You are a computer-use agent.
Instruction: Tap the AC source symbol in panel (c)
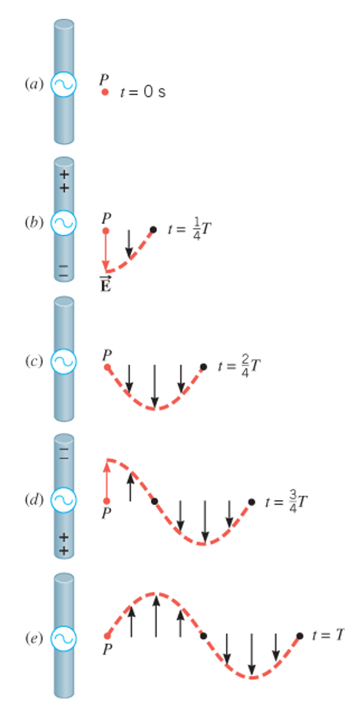pos(63,361)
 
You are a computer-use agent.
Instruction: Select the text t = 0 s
pos(143,92)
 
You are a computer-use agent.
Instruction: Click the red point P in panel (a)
pos(105,92)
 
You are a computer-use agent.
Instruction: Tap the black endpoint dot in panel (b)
pos(153,229)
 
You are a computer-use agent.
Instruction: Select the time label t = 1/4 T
pos(189,229)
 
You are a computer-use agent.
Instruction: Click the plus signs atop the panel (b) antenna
pos(64,181)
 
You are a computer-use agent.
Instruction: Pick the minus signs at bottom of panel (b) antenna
pos(63,270)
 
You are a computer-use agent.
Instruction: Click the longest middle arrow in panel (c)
pos(154,385)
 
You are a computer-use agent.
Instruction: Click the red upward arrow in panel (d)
pos(106,479)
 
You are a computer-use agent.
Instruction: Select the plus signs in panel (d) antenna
pos(64,543)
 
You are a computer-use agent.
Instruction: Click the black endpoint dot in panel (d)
pos(252,502)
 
